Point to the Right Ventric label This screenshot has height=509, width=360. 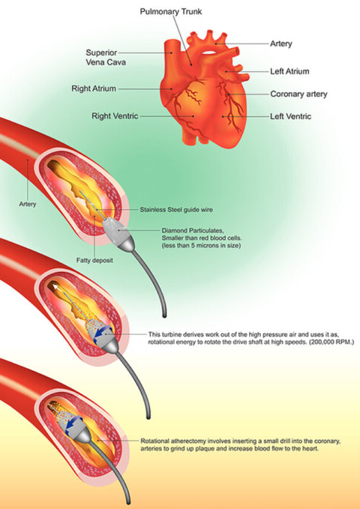coord(115,117)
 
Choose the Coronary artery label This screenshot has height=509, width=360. coord(300,94)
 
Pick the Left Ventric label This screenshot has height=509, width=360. coord(290,117)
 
